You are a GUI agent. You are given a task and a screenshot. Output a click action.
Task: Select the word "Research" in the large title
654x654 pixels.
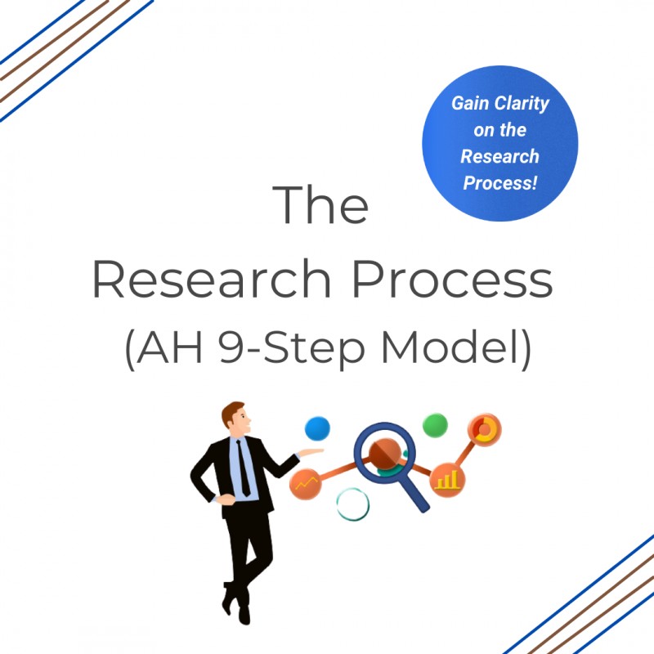[211, 280]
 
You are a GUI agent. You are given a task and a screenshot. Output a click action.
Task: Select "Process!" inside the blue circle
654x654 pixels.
[500, 182]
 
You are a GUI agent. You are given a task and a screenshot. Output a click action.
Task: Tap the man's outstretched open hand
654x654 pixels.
[311, 452]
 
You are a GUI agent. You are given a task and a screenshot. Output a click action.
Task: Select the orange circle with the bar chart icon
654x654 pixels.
[447, 479]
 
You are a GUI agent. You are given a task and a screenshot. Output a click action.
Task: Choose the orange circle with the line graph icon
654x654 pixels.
[307, 486]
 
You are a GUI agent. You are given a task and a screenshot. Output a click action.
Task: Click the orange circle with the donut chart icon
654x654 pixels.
[484, 429]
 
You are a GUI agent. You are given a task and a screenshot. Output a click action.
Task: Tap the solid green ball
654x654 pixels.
[435, 425]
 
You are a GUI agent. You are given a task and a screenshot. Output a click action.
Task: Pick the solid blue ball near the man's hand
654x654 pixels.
[317, 428]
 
